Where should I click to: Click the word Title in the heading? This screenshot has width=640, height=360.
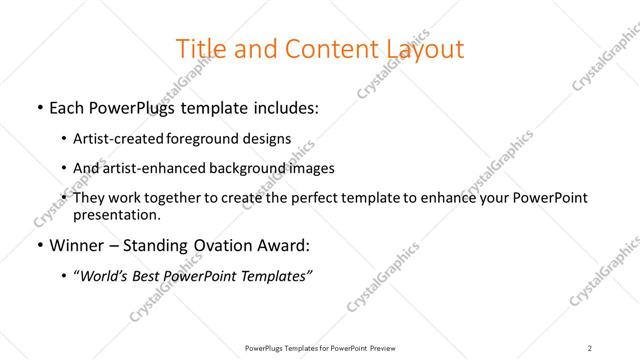[x=198, y=48]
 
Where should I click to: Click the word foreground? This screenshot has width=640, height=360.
[x=201, y=138]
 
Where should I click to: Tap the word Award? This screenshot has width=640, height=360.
[x=285, y=246]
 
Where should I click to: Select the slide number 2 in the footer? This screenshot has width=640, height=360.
[x=590, y=347]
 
